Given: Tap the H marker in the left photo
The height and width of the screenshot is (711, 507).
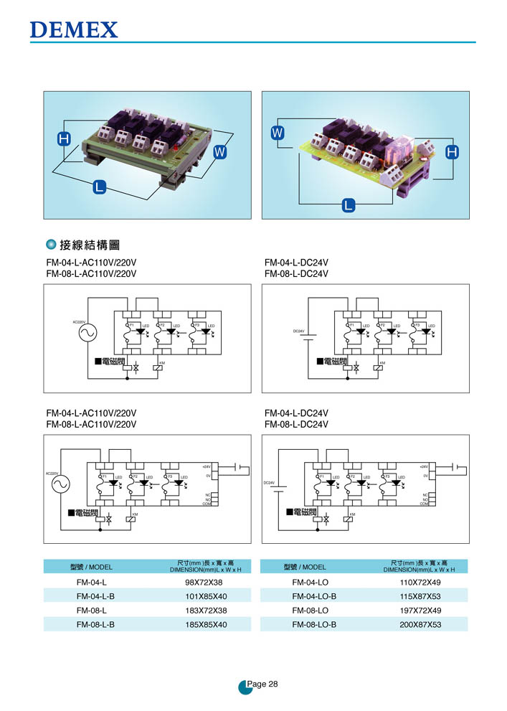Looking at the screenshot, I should click(x=64, y=141).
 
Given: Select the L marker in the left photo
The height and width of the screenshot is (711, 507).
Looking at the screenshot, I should click(x=99, y=188).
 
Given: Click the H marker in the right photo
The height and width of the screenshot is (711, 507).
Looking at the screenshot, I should click(x=452, y=152).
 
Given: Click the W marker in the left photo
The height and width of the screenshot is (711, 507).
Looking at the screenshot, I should click(x=220, y=152).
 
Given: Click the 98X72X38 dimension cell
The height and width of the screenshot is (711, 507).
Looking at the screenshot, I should click(x=206, y=582).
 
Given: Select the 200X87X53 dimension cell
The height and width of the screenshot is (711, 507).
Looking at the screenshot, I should click(x=420, y=624).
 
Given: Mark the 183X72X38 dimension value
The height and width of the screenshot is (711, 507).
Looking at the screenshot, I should click(x=206, y=610).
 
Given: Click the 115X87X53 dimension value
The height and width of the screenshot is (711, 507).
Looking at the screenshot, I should click(x=420, y=596).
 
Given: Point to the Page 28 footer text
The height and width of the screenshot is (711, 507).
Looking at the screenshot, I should click(x=261, y=684).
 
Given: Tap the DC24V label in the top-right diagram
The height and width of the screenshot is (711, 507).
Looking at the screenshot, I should click(x=299, y=331).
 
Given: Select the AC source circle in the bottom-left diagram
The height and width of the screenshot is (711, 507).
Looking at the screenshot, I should click(x=59, y=486).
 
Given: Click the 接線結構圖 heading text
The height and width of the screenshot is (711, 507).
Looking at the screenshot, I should click(x=88, y=245).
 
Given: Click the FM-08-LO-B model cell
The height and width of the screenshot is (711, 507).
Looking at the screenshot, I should click(x=314, y=624).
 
